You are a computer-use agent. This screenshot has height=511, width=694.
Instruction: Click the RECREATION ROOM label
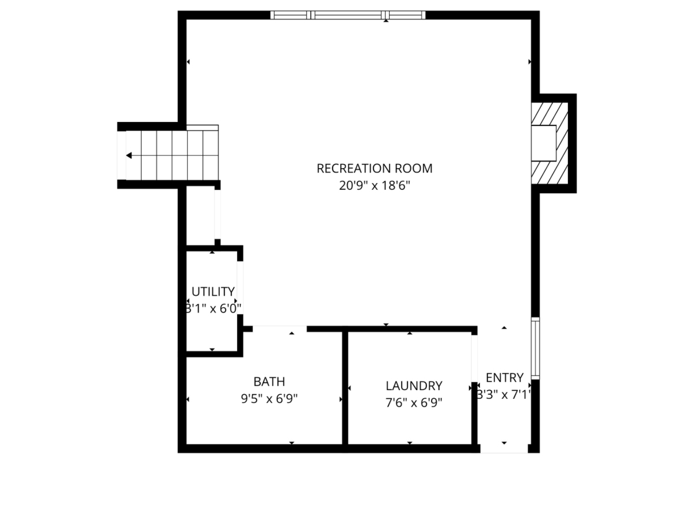click(374, 169)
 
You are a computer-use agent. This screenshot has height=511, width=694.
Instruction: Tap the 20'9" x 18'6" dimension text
click(374, 186)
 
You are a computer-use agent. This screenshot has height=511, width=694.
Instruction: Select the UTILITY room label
click(213, 291)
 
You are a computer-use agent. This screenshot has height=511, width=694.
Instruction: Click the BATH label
click(269, 382)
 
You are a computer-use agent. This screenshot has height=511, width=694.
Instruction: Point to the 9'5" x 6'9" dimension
click(269, 398)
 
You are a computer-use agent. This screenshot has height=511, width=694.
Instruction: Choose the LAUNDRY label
click(414, 386)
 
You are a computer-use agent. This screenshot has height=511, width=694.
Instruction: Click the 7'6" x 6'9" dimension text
click(414, 402)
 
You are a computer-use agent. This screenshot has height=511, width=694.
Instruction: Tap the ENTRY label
click(505, 377)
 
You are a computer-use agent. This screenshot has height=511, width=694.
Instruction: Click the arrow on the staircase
click(129, 155)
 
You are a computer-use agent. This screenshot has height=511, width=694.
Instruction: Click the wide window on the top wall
click(348, 16)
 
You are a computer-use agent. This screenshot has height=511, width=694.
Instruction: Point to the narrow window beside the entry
click(535, 348)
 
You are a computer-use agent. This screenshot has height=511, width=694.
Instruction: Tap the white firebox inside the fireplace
click(543, 143)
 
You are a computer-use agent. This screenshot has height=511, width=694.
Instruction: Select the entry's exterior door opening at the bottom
click(504, 449)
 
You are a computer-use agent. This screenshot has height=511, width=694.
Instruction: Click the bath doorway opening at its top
click(280, 328)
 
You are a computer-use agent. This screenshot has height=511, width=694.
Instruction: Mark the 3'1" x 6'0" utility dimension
click(213, 308)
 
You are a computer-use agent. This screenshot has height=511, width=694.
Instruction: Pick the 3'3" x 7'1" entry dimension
click(504, 395)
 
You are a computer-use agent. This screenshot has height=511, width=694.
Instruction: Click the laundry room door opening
click(474, 357)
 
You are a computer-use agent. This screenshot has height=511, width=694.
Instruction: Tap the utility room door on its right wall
click(240, 288)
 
